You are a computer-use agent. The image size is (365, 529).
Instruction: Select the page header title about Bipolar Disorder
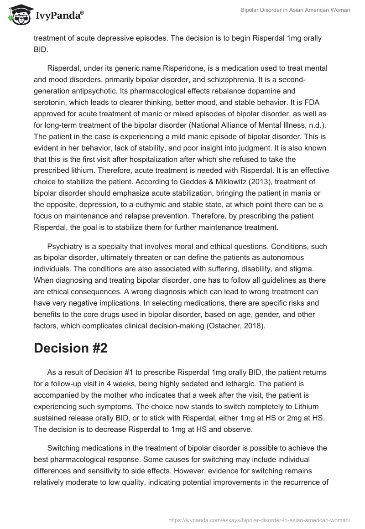(295, 10)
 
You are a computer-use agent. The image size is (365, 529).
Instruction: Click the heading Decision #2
(70, 347)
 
